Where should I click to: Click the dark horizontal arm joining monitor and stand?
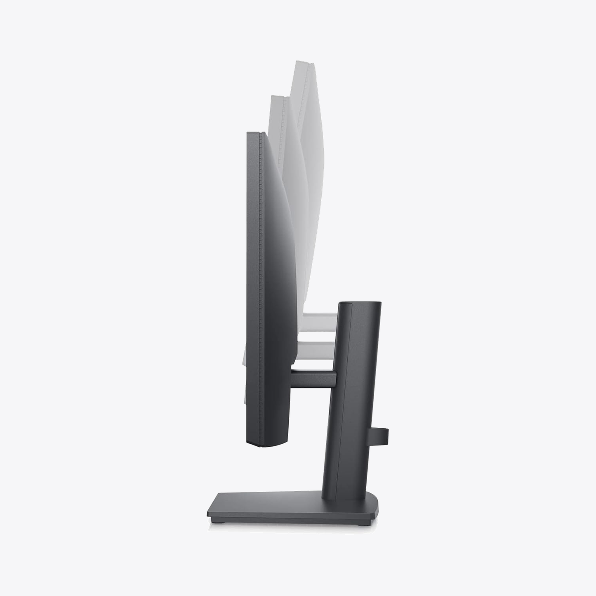point(313,377)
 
